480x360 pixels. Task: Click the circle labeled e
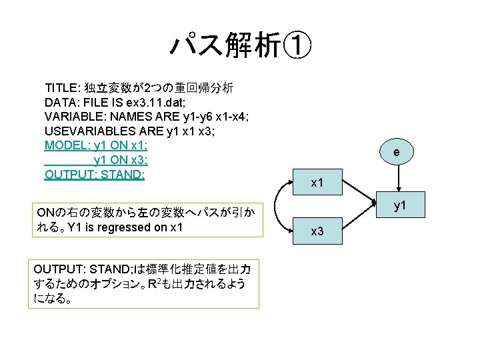(396, 153)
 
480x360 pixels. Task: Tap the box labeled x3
(318, 231)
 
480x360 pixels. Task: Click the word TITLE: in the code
(62, 88)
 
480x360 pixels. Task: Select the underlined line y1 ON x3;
(121, 160)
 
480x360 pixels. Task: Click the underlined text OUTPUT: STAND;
(95, 175)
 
